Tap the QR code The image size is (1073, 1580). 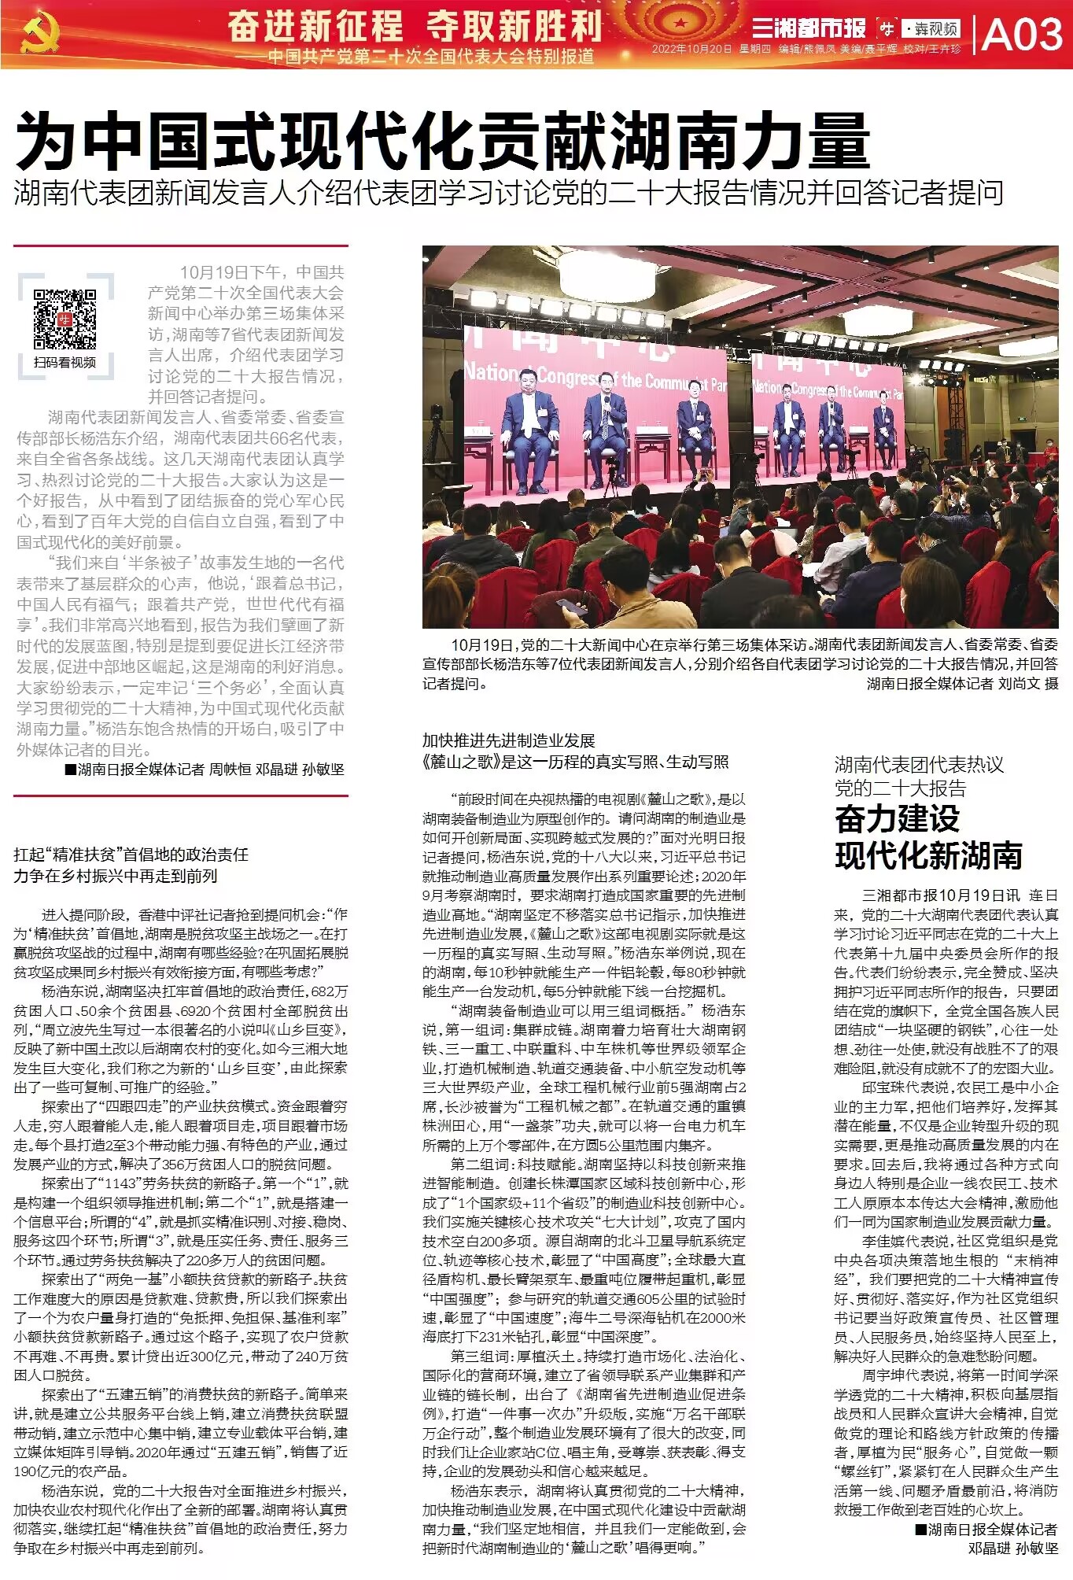pyautogui.click(x=65, y=319)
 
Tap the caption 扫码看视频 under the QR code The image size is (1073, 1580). pyautogui.click(x=65, y=362)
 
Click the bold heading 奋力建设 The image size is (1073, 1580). pyautogui.click(x=897, y=819)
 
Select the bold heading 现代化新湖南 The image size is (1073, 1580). pyautogui.click(x=928, y=855)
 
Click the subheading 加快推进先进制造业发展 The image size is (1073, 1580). pyautogui.click(x=508, y=740)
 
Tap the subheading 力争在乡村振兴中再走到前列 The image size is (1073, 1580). pyautogui.click(x=115, y=876)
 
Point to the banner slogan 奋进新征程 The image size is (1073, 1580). pyautogui.click(x=315, y=26)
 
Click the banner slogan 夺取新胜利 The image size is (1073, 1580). pyautogui.click(x=514, y=26)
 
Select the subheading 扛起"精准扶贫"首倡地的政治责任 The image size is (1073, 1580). pyautogui.click(x=131, y=855)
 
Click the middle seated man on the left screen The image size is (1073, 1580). pyautogui.click(x=606, y=429)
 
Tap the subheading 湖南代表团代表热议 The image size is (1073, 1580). pyautogui.click(x=919, y=764)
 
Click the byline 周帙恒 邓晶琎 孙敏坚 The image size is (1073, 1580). pyautogui.click(x=276, y=770)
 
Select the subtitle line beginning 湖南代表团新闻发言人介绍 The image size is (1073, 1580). pyautogui.click(x=508, y=194)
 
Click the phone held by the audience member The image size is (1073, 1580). pyautogui.click(x=572, y=606)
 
